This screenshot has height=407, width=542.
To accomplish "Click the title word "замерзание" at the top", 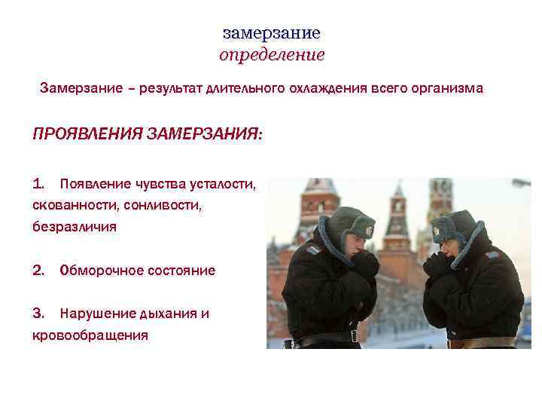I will pyautogui.click(x=272, y=33).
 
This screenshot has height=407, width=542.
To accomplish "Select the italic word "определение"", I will pyautogui.click(x=272, y=55).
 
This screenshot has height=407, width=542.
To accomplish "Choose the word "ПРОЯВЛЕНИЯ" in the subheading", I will pyautogui.click(x=88, y=134).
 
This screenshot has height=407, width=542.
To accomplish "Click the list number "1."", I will pyautogui.click(x=40, y=183).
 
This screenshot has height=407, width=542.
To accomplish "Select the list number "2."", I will pyautogui.click(x=41, y=270).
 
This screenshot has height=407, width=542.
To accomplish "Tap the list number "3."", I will pyautogui.click(x=41, y=314).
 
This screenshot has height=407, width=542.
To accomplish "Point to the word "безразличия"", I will pyautogui.click(x=75, y=226).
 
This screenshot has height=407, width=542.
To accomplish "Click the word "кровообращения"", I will pyautogui.click(x=90, y=335).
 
